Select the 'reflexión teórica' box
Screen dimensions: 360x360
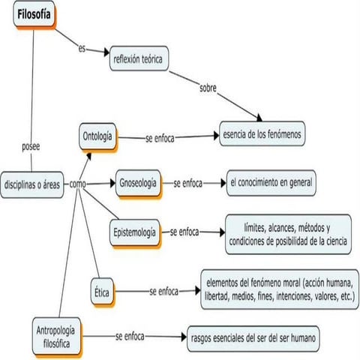139,58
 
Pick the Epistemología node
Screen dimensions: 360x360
134,232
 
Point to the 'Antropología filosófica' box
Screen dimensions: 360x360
58,331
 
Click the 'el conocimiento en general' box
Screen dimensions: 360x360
271,182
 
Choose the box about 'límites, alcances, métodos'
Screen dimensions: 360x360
286,232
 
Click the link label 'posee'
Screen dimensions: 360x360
31,147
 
